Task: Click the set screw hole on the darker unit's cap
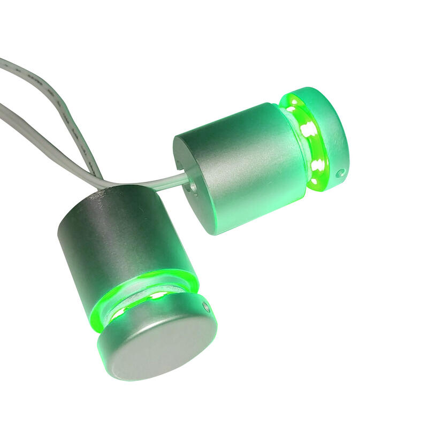click(x=205, y=307)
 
